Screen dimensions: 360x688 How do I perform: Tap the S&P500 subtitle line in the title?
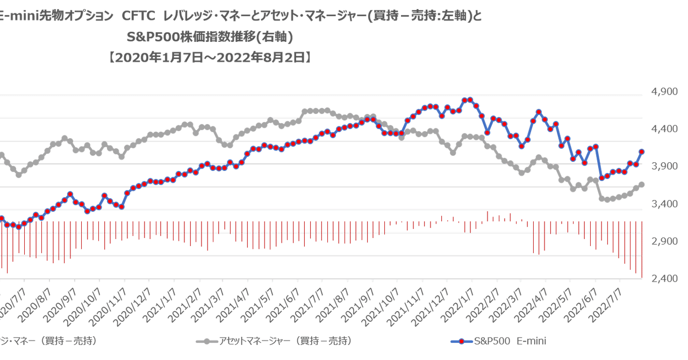tap(210, 37)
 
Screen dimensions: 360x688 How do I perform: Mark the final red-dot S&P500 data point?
tap(642, 152)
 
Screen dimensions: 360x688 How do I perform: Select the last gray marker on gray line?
tap(641, 184)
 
